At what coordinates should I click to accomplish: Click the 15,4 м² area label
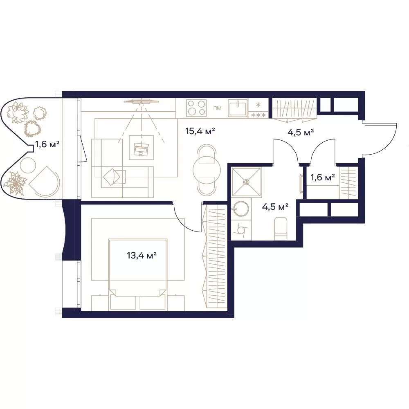(200, 131)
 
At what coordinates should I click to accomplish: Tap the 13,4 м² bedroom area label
(142, 255)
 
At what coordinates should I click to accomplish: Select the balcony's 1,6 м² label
(47, 144)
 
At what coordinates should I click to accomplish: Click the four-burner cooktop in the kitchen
(196, 108)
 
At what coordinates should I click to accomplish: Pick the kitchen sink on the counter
(238, 108)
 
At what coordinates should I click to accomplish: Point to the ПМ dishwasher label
(217, 108)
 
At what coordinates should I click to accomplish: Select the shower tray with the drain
(246, 182)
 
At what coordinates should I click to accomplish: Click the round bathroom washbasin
(240, 209)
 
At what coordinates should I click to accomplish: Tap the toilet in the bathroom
(281, 229)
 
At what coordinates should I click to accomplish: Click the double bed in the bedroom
(138, 267)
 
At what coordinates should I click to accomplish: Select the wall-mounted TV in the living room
(142, 101)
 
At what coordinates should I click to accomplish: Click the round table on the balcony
(28, 165)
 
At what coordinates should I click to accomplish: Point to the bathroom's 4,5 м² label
(275, 207)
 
